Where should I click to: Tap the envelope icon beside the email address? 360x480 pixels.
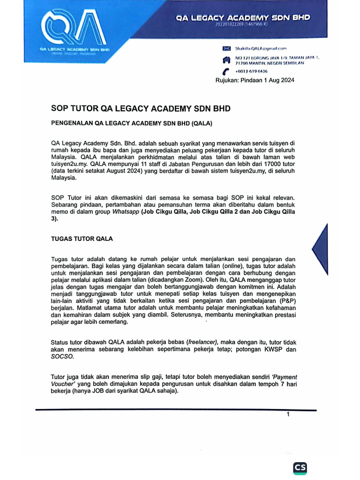227,48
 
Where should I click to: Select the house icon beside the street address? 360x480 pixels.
227,60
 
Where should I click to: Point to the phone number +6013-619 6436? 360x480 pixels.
251,71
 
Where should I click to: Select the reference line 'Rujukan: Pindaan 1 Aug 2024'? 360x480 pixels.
255,80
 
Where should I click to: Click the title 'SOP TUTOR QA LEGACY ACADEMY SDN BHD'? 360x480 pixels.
141,109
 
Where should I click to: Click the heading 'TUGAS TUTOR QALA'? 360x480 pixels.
82,239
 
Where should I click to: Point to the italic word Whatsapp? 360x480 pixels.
126,211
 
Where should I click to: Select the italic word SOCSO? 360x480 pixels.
62,357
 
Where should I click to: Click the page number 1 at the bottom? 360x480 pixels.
288,414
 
